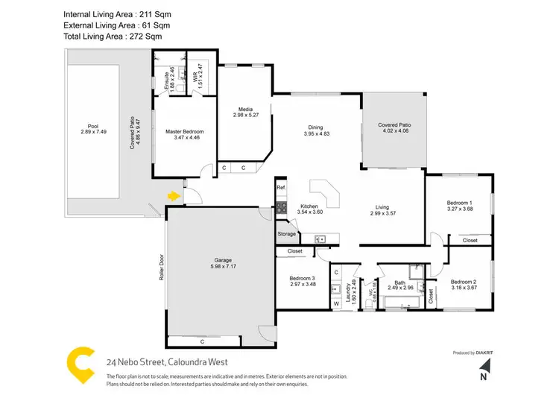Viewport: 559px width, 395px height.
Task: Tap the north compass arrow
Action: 485,367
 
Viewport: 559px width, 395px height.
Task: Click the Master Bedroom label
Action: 184,132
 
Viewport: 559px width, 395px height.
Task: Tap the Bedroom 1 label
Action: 460,203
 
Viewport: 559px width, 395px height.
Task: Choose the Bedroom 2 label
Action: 464,282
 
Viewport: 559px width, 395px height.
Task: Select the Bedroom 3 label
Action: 303,280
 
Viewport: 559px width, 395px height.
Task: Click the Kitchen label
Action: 309,206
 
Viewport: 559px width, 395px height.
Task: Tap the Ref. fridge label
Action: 281,187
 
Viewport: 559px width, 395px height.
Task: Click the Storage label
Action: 287,235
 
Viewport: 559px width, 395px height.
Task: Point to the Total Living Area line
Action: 112,36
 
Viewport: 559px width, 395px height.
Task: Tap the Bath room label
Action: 400,282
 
